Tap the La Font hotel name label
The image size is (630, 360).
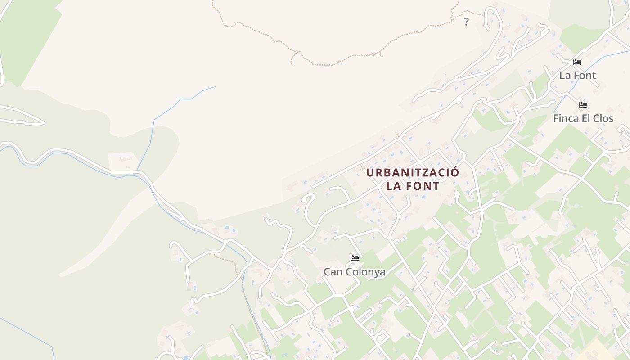[577, 76]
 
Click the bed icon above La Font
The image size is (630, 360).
[577, 62]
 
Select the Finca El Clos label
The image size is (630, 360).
[583, 119]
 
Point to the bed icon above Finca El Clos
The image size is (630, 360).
[583, 105]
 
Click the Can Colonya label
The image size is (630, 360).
[355, 272]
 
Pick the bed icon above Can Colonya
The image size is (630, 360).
[355, 258]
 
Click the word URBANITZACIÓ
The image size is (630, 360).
[413, 173]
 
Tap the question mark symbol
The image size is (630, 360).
[466, 21]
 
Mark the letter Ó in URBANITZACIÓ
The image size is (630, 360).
[455, 172]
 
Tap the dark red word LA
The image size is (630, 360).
[394, 186]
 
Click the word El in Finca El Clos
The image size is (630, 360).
[586, 119]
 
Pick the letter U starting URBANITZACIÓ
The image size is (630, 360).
[370, 173]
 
